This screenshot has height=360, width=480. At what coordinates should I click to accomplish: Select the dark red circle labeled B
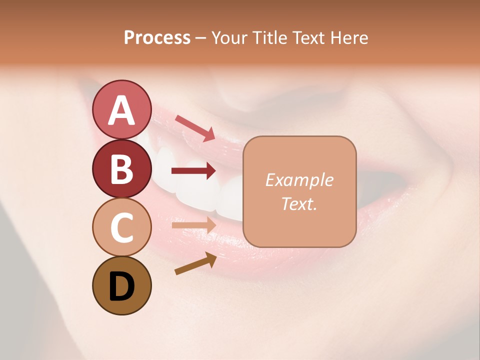(121, 169)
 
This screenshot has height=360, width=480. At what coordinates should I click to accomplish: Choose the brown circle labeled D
(121, 285)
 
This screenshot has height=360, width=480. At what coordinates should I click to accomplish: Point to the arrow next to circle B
(193, 171)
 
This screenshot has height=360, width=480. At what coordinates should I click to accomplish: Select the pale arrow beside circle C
(193, 225)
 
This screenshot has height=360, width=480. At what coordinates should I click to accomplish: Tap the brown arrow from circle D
(195, 263)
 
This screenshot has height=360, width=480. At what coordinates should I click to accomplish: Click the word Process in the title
(157, 37)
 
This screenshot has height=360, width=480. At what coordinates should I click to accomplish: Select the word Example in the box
(299, 180)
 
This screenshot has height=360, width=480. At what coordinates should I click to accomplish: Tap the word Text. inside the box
(299, 204)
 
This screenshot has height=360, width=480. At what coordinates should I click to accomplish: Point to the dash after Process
(200, 38)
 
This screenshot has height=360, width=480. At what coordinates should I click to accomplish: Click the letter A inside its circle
(121, 110)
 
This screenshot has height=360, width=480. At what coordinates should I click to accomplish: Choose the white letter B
(121, 169)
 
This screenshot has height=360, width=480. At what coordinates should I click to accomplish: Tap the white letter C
(121, 227)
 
